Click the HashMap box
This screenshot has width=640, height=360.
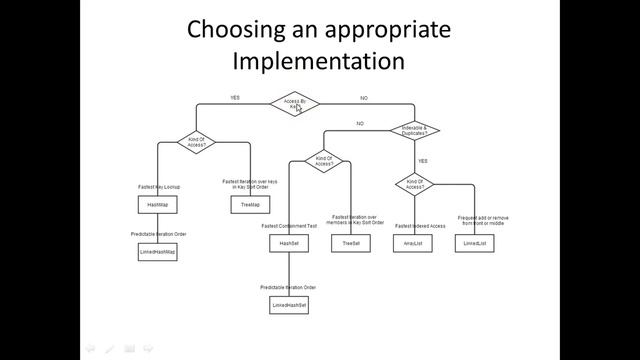click(157, 205)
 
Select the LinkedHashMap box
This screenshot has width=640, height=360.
click(157, 253)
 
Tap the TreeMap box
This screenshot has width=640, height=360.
click(250, 205)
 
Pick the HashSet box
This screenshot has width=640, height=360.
click(289, 243)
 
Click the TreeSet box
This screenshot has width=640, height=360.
click(351, 243)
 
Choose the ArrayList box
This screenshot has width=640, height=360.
click(413, 243)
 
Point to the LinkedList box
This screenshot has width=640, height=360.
click(474, 243)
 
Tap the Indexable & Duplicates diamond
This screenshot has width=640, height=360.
click(413, 130)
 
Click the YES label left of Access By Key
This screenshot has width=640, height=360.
click(235, 98)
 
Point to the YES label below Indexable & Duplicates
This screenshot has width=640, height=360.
click(423, 160)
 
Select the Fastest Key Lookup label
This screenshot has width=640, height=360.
click(158, 186)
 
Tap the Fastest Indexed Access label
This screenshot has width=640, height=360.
click(413, 226)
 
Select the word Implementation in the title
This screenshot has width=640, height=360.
click(318, 60)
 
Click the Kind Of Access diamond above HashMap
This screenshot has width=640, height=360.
click(196, 141)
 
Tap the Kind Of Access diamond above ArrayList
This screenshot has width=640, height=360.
click(413, 183)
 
